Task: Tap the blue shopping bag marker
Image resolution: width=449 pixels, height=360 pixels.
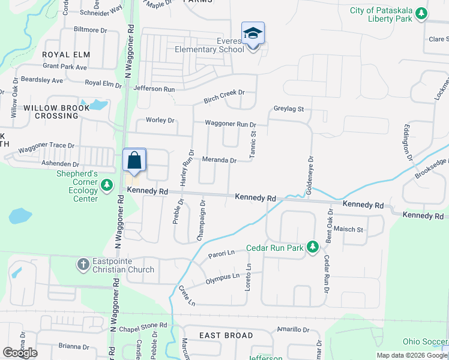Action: (x=134, y=161)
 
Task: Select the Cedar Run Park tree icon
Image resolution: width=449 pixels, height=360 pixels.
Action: (x=312, y=247)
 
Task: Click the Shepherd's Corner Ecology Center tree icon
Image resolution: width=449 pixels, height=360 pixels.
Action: (x=106, y=185)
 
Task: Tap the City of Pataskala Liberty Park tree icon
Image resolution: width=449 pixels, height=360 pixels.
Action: (x=421, y=13)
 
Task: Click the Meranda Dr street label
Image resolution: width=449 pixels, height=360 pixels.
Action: (x=218, y=160)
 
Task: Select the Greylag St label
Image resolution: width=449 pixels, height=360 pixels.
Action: (x=289, y=109)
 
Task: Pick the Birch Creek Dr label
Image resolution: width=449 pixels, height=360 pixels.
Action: (x=224, y=92)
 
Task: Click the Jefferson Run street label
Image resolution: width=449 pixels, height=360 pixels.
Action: (x=154, y=89)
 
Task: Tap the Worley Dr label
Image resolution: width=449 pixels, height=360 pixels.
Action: (x=160, y=120)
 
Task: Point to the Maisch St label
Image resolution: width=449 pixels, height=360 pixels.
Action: (x=349, y=229)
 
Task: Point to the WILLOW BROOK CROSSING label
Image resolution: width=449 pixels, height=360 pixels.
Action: (x=56, y=112)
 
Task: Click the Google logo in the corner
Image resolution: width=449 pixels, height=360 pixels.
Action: (x=20, y=353)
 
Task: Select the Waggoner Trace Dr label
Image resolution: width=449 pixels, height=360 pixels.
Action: (x=46, y=146)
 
